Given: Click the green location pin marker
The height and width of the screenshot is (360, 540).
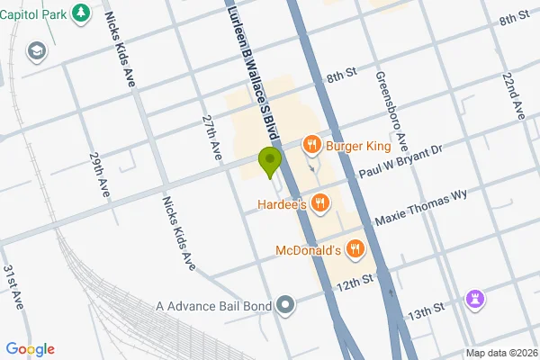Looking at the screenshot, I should point(268,162).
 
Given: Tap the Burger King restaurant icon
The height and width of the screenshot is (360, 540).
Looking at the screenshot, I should point(311,143).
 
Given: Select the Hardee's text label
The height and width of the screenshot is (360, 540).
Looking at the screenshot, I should point(277,204).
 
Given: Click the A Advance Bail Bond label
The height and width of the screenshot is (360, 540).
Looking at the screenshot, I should point(213,307).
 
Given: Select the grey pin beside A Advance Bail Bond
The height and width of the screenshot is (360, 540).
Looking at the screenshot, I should point(286,307).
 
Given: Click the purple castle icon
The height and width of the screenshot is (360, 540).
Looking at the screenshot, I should point(476,299).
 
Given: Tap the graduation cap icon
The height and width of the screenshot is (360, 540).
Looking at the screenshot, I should point(37,50).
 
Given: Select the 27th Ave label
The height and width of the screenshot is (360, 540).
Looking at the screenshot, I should point(212,139).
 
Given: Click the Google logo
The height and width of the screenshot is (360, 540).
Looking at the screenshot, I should point(30,349).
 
